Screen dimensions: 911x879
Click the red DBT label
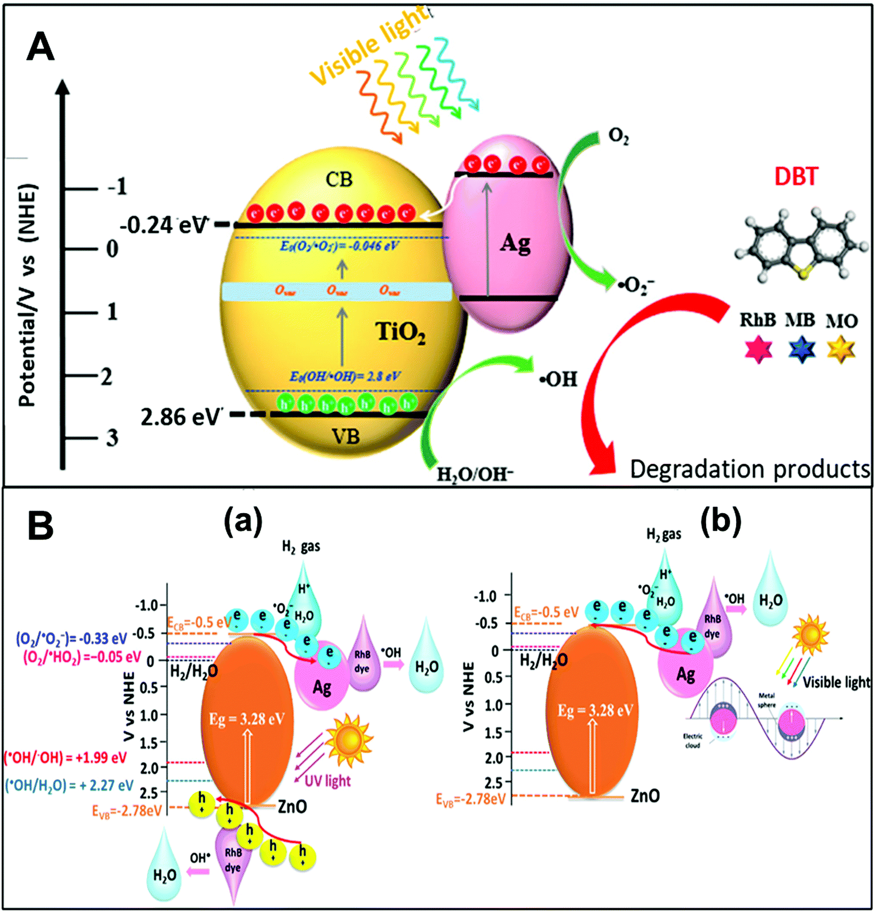tap(796, 176)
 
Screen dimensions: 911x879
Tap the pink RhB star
tap(758, 349)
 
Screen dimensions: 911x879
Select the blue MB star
tap(801, 349)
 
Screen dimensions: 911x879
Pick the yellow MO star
tap(841, 349)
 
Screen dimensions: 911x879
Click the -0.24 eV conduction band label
tap(165, 225)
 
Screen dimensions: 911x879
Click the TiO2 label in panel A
tap(400, 332)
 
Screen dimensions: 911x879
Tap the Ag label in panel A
tap(515, 243)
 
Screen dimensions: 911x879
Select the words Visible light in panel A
tap(369, 46)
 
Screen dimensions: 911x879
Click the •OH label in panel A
tap(558, 380)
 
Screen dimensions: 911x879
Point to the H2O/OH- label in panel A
tap(475, 473)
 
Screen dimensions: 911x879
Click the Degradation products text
tap(750, 469)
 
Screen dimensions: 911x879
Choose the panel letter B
tap(40, 526)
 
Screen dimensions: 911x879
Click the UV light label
tap(328, 781)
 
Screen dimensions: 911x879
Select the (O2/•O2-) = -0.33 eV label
tap(71, 638)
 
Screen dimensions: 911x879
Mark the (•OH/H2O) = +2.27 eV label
tap(69, 785)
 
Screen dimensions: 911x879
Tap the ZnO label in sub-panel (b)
tap(645, 796)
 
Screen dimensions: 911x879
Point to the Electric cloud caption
tap(692, 741)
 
